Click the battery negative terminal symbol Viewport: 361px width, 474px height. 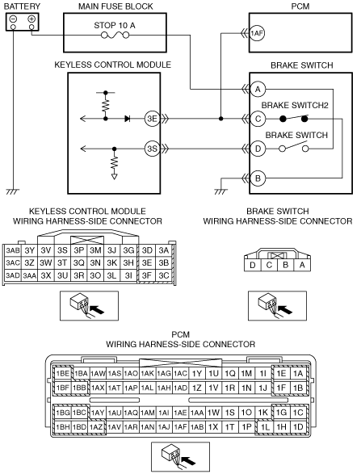13,19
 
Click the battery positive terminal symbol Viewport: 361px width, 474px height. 31,19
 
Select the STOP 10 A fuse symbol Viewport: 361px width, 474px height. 115,36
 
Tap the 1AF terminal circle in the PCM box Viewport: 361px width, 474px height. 257,33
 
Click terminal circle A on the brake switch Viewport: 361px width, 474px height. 258,89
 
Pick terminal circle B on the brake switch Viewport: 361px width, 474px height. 258,178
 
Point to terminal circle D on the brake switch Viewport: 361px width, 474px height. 258,149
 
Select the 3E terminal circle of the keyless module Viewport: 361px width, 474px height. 152,119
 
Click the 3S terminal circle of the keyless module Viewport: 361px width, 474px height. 152,149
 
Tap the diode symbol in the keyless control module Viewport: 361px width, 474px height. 128,119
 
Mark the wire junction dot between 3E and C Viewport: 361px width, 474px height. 221,119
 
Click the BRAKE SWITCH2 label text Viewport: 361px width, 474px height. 295,106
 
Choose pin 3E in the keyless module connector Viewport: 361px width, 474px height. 147,263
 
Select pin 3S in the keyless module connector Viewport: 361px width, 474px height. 62,250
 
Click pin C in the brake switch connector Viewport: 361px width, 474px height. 269,265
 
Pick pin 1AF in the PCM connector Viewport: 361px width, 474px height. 181,427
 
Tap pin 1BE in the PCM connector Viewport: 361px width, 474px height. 63,374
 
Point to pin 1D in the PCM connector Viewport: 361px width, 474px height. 298,427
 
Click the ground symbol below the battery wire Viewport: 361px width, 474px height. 13,191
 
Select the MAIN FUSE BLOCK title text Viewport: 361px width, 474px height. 115,6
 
